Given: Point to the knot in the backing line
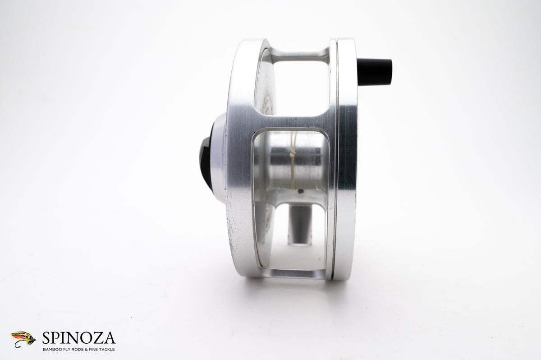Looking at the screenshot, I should pyautogui.click(x=292, y=154).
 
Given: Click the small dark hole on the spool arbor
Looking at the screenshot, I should pyautogui.click(x=300, y=191).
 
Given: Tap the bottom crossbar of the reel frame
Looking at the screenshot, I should pyautogui.click(x=293, y=272).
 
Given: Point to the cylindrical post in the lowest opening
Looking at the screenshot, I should pyautogui.click(x=300, y=223).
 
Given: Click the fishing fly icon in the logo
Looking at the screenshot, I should pyautogui.click(x=23, y=338).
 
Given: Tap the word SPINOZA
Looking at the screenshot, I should pyautogui.click(x=79, y=338).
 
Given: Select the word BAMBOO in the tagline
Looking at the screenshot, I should pyautogui.click(x=51, y=349).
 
